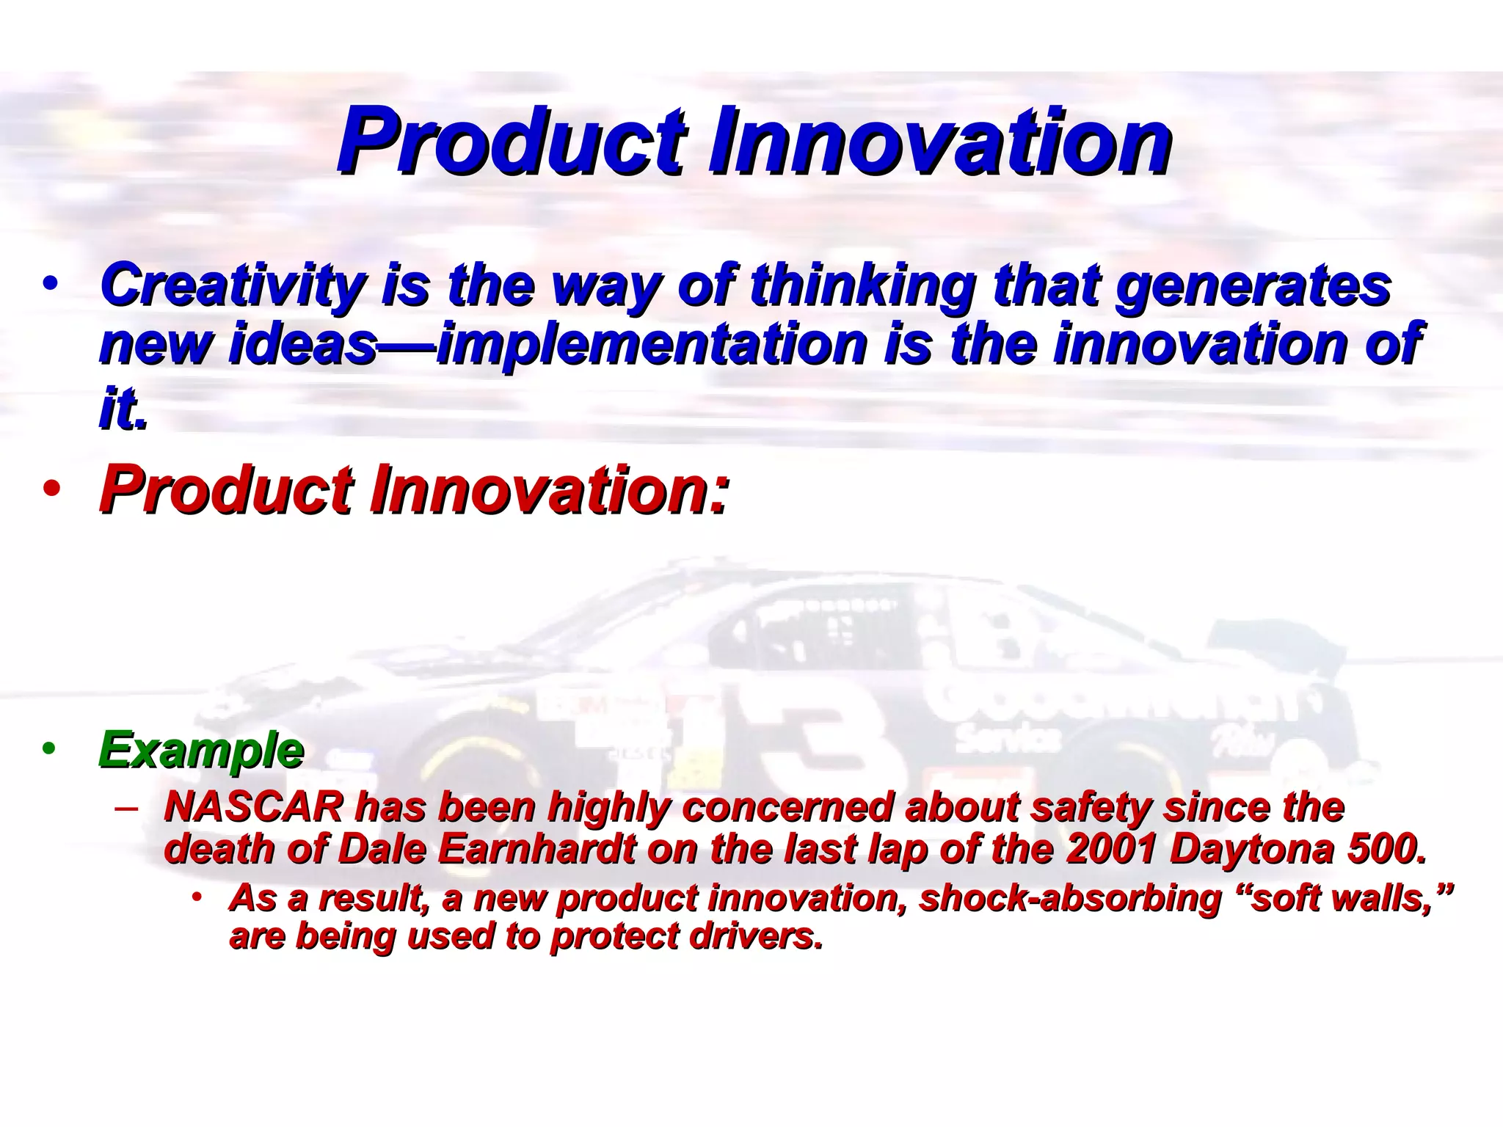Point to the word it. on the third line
click(x=123, y=408)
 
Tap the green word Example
click(x=201, y=750)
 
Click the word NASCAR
click(x=253, y=807)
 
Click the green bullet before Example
click(x=48, y=749)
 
